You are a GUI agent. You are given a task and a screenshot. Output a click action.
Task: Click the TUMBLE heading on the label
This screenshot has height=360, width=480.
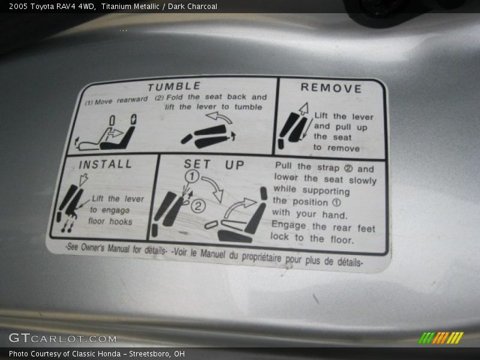(x=174, y=86)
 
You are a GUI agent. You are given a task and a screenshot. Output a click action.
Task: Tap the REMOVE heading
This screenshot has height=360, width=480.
(x=331, y=88)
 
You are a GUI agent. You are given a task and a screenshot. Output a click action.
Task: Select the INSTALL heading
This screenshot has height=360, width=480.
(x=106, y=164)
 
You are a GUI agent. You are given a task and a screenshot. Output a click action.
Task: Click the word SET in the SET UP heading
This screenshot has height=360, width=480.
(x=197, y=164)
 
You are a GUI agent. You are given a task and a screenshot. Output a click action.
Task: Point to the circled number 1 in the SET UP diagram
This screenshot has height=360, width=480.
(x=192, y=176)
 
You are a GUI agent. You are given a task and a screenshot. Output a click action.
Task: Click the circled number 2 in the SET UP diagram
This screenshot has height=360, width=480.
(x=198, y=206)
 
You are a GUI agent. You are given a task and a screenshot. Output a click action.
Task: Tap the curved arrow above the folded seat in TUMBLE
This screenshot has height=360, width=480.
(x=218, y=118)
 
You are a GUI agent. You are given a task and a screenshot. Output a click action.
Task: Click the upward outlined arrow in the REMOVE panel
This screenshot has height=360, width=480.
(x=304, y=109)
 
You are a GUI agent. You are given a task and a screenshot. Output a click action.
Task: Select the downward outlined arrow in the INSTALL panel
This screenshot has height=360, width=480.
(x=83, y=179)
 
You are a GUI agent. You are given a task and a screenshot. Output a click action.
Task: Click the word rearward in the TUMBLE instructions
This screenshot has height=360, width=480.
(x=132, y=100)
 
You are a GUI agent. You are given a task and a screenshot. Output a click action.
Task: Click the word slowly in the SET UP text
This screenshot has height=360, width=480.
(x=363, y=181)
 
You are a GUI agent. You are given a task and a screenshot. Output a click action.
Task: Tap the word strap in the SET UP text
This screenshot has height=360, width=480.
(x=328, y=168)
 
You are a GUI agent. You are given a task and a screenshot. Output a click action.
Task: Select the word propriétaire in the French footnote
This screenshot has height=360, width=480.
(x=262, y=257)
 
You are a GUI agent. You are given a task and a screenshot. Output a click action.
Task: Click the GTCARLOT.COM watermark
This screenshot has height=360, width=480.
(x=62, y=338)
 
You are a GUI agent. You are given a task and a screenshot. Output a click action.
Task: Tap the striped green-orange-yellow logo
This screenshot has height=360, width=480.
(x=441, y=338)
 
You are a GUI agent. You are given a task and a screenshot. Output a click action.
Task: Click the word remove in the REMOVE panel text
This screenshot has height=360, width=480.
(x=343, y=148)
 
